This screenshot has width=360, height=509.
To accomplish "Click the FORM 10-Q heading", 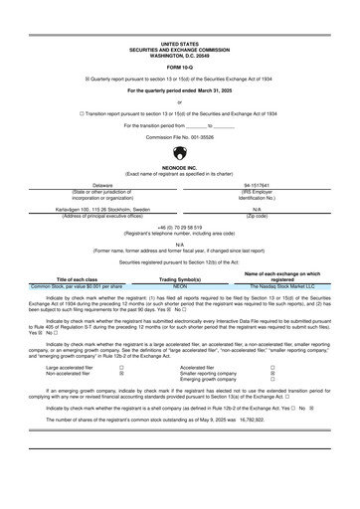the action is [x=180, y=67].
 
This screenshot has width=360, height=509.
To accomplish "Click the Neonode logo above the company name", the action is [x=180, y=153].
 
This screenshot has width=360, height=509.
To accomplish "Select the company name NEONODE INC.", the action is [x=180, y=169].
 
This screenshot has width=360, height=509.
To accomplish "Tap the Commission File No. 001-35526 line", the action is [x=180, y=136].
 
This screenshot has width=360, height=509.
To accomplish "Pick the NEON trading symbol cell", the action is [x=180, y=286].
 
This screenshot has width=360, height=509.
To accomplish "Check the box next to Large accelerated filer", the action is [x=121, y=366].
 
